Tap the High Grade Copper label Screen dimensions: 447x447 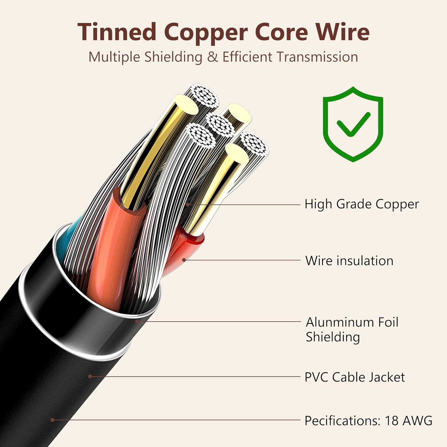tap(361, 204)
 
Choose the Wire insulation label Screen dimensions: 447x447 tap(349, 261)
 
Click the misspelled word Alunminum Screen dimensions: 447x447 tap(339, 322)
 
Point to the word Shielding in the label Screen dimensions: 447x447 tap(333, 337)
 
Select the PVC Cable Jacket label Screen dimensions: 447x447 tap(355, 377)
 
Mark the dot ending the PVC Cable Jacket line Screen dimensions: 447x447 tap(90, 376)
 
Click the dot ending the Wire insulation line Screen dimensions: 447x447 tap(184, 260)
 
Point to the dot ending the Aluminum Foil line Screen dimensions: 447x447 tap(137, 321)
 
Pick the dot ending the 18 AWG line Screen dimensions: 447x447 tap(52, 420)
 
